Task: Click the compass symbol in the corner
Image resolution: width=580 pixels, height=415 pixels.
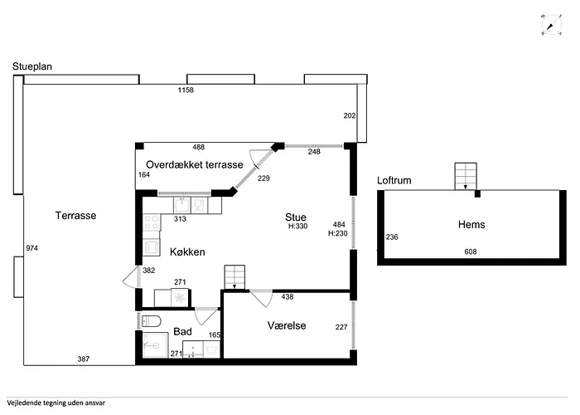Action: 552,26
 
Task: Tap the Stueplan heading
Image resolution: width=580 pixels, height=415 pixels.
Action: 32,66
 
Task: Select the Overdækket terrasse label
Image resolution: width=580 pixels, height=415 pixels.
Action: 195,164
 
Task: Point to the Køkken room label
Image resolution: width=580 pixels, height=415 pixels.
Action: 187,252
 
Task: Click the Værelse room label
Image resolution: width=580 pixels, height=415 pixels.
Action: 287,325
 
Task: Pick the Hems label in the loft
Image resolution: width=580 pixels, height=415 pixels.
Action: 471,225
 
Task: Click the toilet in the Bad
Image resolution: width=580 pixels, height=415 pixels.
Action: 152,321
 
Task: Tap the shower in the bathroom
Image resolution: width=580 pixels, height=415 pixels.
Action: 156,345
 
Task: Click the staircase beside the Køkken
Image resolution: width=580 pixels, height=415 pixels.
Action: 234,277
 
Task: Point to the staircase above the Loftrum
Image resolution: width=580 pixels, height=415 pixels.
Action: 466,176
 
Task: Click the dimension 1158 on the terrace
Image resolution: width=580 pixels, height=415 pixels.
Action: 186,90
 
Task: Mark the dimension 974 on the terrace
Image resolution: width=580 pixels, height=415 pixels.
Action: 31,248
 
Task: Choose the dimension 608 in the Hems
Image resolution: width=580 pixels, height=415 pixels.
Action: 471,252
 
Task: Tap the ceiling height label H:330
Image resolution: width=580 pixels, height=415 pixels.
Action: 298,226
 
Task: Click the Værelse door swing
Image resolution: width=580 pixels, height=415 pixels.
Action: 262,298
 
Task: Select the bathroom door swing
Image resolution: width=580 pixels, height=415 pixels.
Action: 205,315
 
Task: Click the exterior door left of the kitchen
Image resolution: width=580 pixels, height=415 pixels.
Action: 131,277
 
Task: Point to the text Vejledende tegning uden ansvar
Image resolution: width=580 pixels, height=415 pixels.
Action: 56,403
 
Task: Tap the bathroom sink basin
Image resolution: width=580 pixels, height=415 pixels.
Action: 193,349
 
